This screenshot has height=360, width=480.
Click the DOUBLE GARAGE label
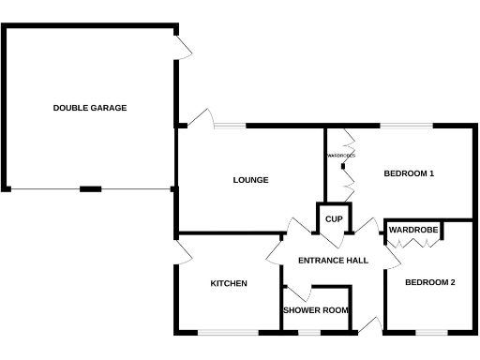tap(90, 108)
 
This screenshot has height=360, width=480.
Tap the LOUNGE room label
tap(250, 180)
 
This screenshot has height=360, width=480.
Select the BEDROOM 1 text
tap(410, 173)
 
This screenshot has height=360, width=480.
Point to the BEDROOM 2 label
tap(429, 282)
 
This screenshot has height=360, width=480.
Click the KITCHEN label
tap(228, 283)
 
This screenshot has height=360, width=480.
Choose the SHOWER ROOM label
tap(316, 310)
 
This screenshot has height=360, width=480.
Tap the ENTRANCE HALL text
tap(332, 261)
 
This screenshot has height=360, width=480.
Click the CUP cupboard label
tap(333, 219)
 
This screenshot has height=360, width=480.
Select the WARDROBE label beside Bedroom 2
tap(413, 230)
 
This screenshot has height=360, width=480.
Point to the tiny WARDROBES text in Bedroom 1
tap(338, 156)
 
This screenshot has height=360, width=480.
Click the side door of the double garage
tap(183, 45)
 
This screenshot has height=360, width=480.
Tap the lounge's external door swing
tap(198, 117)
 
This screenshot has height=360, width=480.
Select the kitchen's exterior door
tap(183, 250)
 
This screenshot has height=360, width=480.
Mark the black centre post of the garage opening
tap(90, 189)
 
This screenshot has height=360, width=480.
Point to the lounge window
tap(231, 126)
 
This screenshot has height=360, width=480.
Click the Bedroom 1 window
tap(406, 126)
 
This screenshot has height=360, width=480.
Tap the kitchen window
tap(228, 332)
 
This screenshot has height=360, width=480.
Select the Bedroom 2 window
tap(431, 332)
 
